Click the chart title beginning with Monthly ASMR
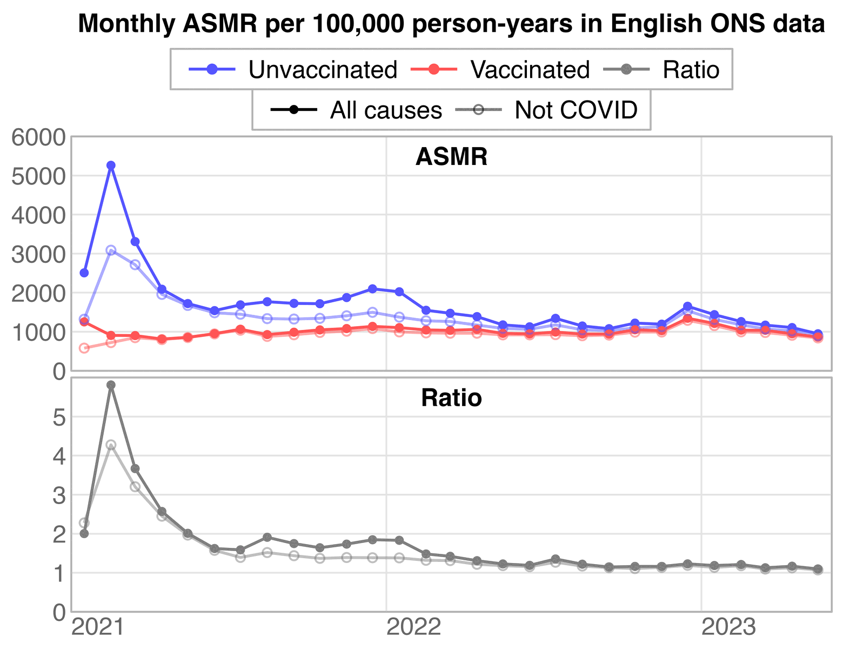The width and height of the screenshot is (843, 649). (451, 24)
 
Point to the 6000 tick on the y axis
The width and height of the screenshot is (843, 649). (38, 137)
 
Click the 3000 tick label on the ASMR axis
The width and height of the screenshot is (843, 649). (38, 254)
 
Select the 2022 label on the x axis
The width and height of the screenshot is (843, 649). (414, 628)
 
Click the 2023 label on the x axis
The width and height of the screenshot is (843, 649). (728, 628)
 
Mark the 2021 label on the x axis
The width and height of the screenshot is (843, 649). (98, 628)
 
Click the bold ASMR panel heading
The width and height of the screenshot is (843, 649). (451, 157)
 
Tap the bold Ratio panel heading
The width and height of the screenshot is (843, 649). (451, 399)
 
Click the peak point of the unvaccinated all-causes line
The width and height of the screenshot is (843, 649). (111, 165)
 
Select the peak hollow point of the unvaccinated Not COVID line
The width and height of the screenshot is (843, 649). (111, 250)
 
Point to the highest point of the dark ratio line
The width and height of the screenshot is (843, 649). (111, 385)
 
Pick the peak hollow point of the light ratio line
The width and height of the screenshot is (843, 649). (111, 445)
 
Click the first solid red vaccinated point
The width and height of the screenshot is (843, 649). (84, 322)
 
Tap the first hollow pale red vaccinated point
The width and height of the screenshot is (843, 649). (84, 348)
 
